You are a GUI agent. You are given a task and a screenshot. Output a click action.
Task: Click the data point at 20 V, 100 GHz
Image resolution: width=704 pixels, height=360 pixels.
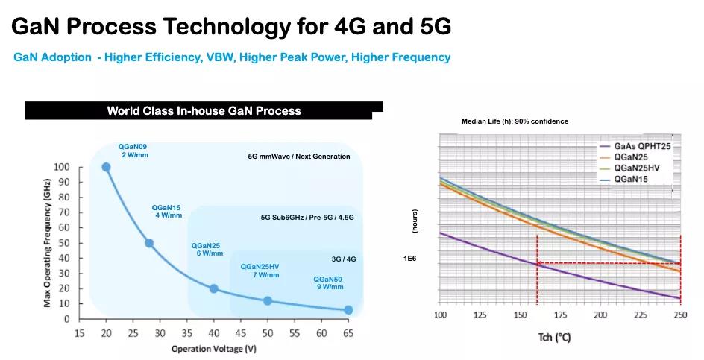pos(106,167)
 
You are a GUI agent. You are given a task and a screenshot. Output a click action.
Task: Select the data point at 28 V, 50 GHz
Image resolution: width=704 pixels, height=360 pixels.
pos(149,243)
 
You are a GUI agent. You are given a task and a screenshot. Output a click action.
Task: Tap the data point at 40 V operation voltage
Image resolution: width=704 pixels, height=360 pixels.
pos(214,288)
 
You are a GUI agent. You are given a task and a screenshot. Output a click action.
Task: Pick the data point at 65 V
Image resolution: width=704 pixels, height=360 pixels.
pos(348,309)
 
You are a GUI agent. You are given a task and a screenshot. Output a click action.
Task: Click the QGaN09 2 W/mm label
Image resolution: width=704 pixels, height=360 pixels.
pos(133,150)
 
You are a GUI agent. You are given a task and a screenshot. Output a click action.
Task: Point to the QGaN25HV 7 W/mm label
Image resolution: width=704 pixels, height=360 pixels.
pos(260,271)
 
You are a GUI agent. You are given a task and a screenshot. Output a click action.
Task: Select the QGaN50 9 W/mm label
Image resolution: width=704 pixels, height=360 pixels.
pos(328,282)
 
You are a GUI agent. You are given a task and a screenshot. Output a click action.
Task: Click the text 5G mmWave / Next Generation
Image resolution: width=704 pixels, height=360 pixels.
pos(299,157)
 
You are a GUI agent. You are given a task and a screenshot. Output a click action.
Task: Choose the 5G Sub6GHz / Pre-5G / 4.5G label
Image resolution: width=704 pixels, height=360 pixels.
pos(307,217)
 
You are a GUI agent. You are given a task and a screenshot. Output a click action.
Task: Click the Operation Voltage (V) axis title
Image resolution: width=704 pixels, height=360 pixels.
pos(214,348)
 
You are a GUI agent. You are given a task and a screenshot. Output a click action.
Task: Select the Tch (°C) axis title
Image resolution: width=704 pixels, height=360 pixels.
pos(553,338)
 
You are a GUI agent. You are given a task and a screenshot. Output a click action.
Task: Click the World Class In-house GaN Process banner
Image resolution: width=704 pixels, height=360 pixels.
pos(204,111)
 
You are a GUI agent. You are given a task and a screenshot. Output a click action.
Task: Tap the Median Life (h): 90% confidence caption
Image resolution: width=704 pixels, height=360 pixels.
pos(515,121)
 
